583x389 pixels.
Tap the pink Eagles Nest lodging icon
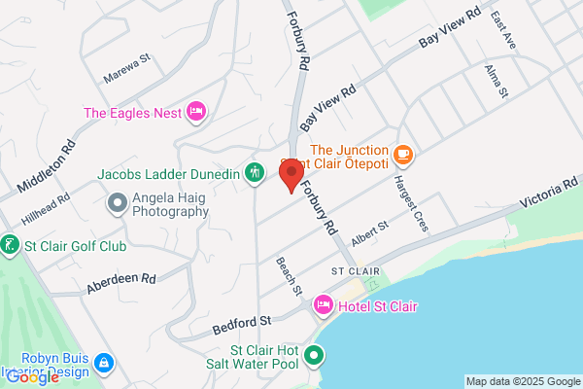[194, 112]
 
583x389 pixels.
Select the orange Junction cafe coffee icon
[403, 154]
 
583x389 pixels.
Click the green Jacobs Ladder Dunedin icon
[254, 174]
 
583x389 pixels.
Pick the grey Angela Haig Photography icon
[117, 203]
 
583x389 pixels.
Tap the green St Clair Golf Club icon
[10, 243]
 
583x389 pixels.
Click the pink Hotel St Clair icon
[324, 306]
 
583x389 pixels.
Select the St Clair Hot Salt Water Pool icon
[313, 356]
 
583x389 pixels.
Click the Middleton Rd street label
[45, 167]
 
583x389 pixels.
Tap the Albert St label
[370, 233]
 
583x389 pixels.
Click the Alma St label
[497, 83]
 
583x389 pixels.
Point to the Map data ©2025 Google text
[522, 380]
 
